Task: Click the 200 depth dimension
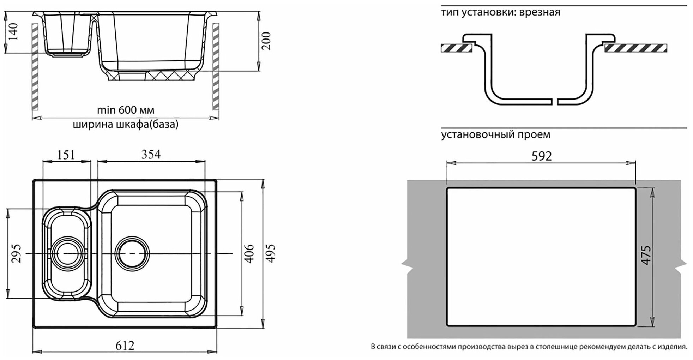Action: (267, 41)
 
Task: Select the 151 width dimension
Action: (66, 155)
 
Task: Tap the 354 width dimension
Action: (151, 154)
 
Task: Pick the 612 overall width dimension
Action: (125, 345)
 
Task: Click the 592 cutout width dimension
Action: (541, 156)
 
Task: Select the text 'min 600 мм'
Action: (126, 110)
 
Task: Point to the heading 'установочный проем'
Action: (495, 134)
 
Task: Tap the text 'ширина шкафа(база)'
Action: (126, 125)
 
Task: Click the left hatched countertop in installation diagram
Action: (457, 48)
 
